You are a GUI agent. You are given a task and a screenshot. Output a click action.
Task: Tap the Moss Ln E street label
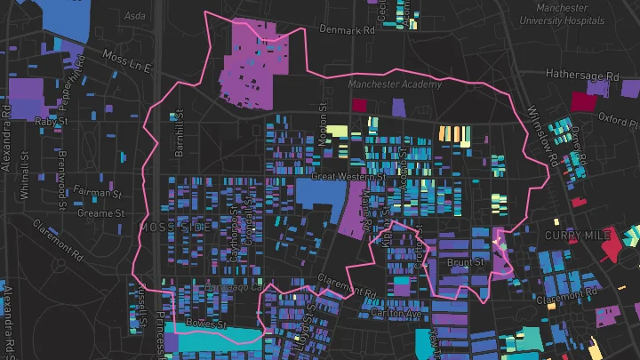click(128, 62)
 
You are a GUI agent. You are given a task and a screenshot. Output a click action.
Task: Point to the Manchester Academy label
click(395, 84)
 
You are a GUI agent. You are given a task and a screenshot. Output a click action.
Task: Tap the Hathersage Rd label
click(582, 76)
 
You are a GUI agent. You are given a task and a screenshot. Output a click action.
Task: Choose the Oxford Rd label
click(618, 116)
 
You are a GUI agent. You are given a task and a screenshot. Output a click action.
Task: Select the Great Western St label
click(348, 177)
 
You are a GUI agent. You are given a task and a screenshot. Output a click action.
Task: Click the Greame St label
click(100, 213)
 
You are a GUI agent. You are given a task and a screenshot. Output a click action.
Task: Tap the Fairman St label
click(99, 191)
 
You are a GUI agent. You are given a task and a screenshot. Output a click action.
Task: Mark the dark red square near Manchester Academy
click(359, 105)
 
